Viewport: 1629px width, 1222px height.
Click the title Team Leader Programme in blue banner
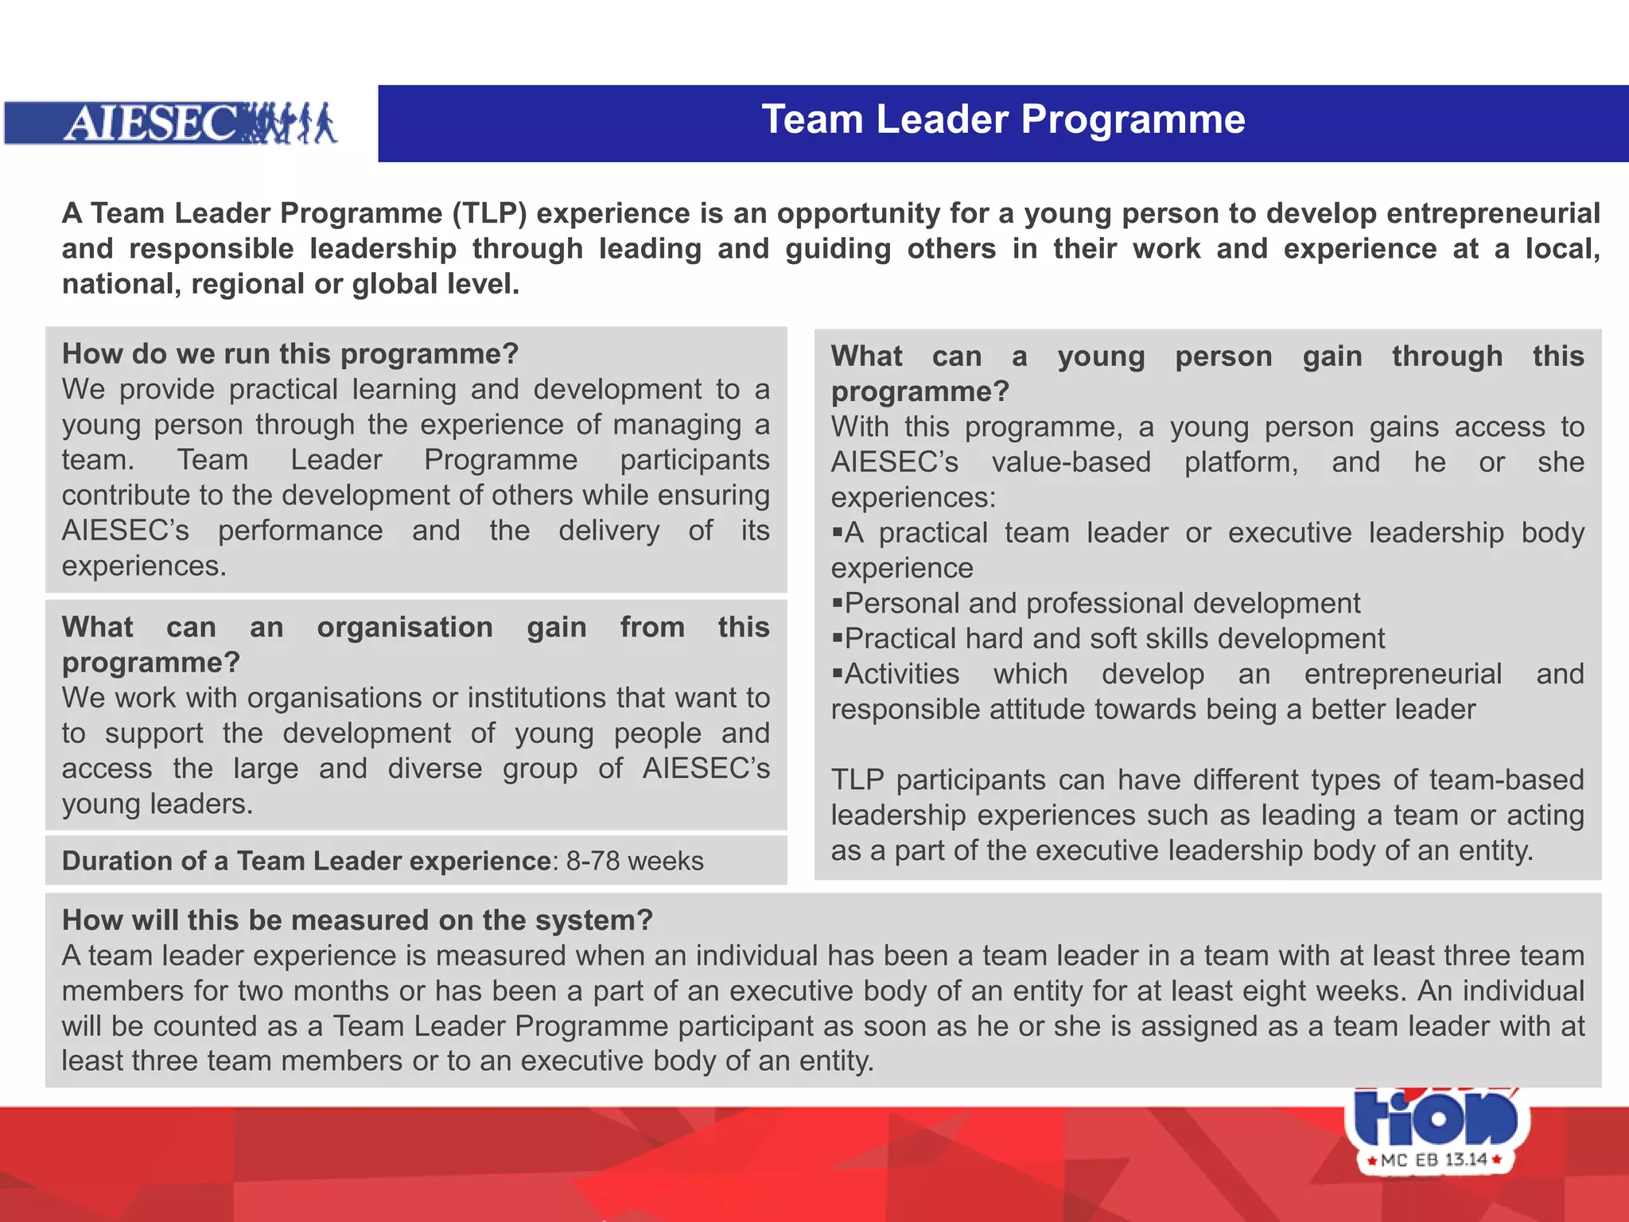[x=1003, y=120]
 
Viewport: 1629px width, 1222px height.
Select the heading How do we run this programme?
[x=290, y=353]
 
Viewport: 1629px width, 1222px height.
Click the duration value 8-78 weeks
[x=634, y=861]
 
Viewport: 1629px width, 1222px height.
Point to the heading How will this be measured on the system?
[x=357, y=920]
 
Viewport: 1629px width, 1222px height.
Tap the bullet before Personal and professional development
[x=837, y=602]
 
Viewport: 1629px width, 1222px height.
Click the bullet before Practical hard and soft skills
[x=837, y=637]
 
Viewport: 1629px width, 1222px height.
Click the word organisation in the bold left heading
[x=404, y=627]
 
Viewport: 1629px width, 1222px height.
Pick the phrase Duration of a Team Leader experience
[x=306, y=861]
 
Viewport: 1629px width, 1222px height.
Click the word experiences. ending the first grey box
[x=144, y=566]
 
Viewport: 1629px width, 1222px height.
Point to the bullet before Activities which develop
[x=837, y=673]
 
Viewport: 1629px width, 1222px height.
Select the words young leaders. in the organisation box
[x=157, y=804]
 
